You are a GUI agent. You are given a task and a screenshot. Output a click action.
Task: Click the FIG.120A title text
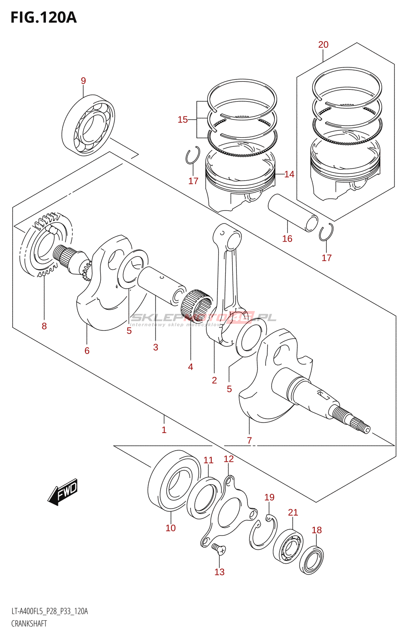click(x=43, y=18)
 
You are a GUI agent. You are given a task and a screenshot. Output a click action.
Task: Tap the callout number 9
click(x=83, y=81)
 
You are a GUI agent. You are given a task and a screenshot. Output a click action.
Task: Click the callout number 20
click(x=323, y=45)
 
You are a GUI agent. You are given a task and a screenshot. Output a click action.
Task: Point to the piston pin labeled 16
click(x=292, y=212)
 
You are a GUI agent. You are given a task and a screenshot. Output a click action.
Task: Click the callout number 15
click(x=183, y=120)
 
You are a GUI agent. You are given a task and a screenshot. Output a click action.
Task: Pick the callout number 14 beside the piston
click(x=289, y=174)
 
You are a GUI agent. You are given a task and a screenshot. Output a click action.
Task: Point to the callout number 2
click(x=214, y=380)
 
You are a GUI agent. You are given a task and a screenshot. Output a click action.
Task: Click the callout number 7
click(x=249, y=441)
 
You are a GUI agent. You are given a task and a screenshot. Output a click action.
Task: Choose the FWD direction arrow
click(x=63, y=492)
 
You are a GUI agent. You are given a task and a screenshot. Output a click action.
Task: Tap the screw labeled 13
click(x=218, y=549)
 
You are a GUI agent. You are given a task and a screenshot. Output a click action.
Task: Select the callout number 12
click(x=228, y=459)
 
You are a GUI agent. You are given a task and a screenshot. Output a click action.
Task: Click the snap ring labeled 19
click(x=263, y=532)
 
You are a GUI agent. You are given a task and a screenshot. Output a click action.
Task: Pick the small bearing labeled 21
click(x=288, y=546)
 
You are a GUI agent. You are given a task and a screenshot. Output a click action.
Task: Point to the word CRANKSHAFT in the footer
click(x=29, y=624)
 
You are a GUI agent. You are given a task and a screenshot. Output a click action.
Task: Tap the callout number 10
click(x=171, y=528)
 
